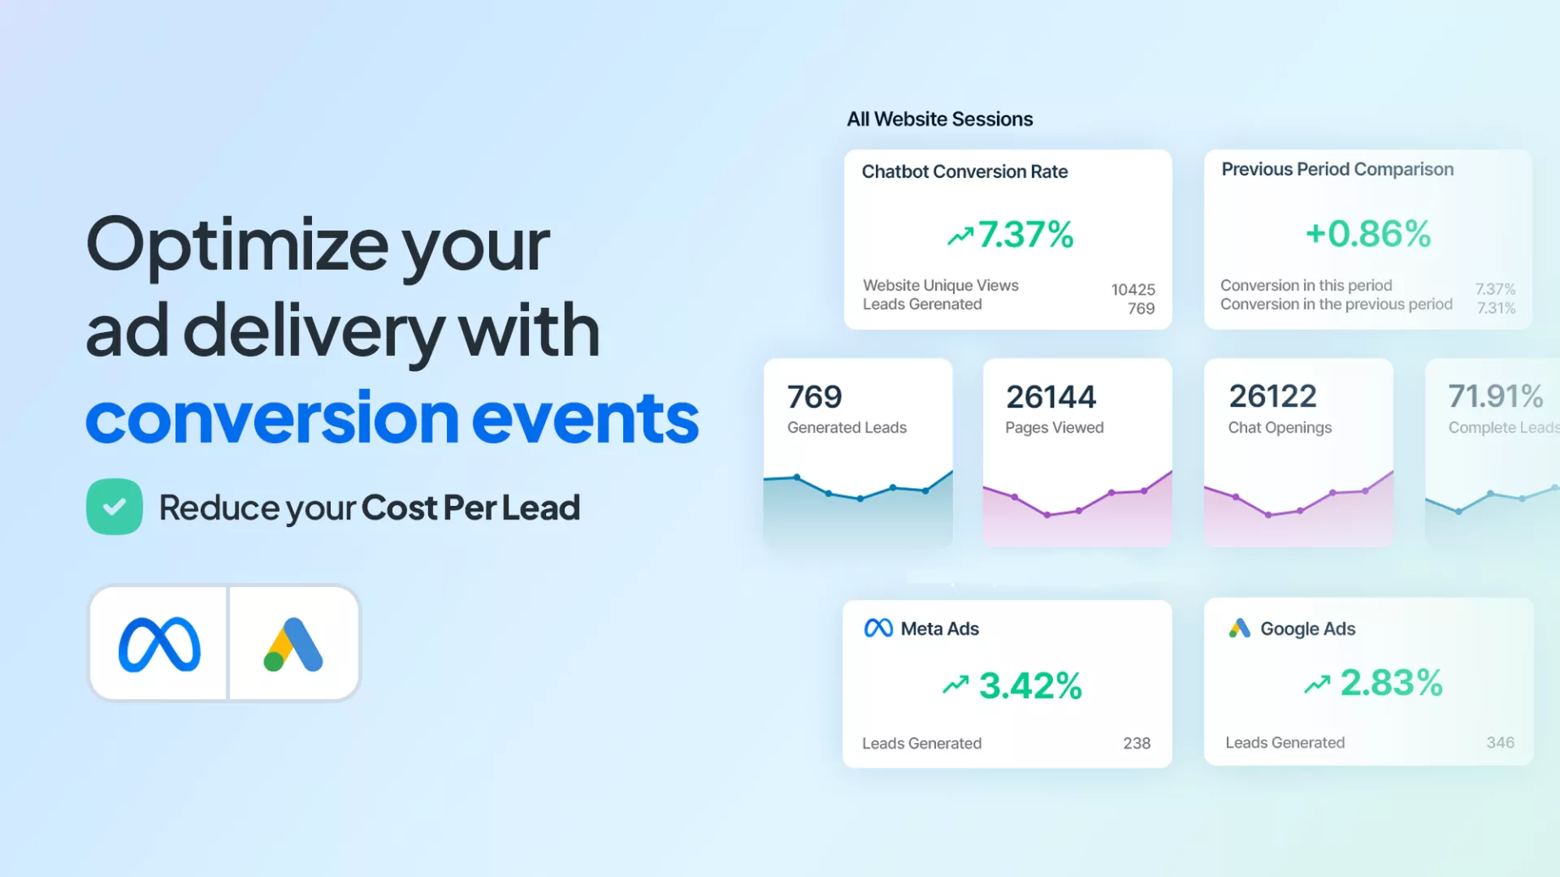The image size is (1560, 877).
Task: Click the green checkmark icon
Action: [115, 507]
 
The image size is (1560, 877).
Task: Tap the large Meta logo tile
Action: [158, 643]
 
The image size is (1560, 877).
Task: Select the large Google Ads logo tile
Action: [294, 643]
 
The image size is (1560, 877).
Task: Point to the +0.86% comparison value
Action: [1368, 234]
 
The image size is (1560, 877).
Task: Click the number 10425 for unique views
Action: [1133, 290]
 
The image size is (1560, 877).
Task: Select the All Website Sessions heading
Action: [940, 119]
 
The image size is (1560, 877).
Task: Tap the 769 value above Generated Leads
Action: [815, 397]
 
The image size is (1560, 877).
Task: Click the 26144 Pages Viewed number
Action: [1051, 397]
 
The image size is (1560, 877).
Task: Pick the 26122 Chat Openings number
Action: [1273, 396]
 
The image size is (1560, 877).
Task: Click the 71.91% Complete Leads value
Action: [1496, 396]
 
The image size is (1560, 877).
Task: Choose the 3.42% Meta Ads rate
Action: [1030, 685]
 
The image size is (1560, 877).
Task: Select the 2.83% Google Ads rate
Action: [1392, 682]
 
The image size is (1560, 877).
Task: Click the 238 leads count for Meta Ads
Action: [1137, 743]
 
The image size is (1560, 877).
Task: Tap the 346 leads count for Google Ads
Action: [1501, 742]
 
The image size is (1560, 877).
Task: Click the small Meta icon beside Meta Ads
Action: [878, 629]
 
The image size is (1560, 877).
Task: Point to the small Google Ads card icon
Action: [1240, 628]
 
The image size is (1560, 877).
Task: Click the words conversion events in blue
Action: [392, 417]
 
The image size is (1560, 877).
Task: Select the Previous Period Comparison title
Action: [1337, 169]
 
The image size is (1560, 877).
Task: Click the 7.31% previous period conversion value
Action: [1496, 309]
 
